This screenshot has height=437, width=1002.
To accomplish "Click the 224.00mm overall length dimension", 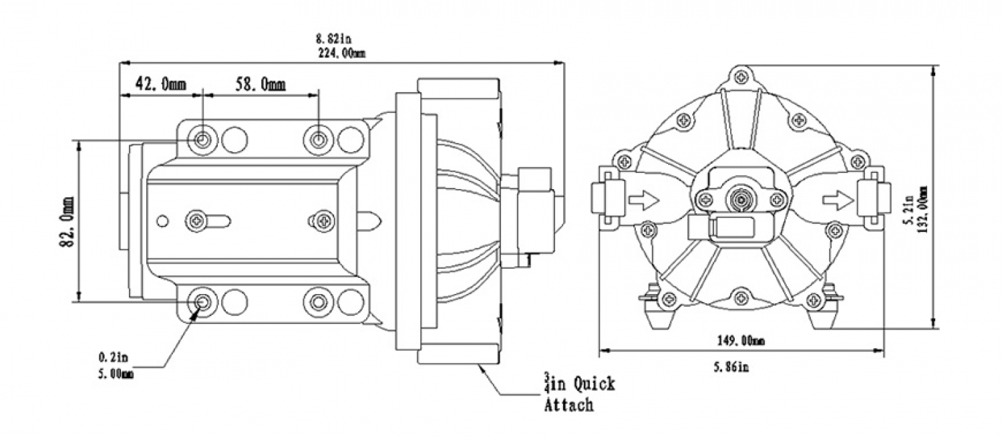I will click(x=341, y=54).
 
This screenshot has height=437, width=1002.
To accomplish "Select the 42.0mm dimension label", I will click(x=160, y=84).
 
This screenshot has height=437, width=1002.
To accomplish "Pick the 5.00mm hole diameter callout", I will click(x=115, y=374).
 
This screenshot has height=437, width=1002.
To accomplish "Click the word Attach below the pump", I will click(x=568, y=405).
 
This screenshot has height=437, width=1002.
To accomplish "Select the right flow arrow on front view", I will click(x=838, y=199).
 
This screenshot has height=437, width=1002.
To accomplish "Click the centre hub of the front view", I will click(x=739, y=198).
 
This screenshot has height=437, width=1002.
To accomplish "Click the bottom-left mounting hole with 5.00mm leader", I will click(x=203, y=303).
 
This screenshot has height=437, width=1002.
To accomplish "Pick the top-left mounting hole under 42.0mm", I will click(x=203, y=140).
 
